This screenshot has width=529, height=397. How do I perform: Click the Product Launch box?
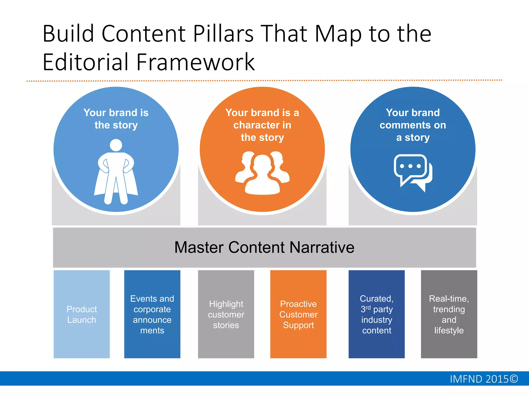(x=82, y=314)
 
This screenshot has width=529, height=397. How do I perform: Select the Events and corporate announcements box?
(x=152, y=314)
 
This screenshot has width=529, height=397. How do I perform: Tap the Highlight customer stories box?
(x=226, y=314)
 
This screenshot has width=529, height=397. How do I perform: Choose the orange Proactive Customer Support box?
(x=298, y=314)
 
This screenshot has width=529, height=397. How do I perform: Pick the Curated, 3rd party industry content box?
(x=377, y=314)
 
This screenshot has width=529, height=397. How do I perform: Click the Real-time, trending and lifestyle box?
(x=449, y=314)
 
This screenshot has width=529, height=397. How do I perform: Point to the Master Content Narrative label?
(x=264, y=247)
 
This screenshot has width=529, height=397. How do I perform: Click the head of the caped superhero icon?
(x=116, y=145)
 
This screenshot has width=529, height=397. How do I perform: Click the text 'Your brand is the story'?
(x=116, y=119)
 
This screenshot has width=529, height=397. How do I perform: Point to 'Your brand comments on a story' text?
(x=413, y=125)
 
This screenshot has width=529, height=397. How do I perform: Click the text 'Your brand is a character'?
(x=262, y=119)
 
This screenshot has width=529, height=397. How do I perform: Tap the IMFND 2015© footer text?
(x=484, y=379)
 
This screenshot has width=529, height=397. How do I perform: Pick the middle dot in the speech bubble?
(x=410, y=166)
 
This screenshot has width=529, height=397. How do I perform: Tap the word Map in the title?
(x=338, y=34)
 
